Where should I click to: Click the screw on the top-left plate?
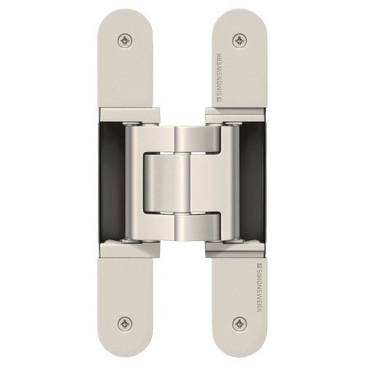127,39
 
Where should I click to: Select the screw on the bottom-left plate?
127,326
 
